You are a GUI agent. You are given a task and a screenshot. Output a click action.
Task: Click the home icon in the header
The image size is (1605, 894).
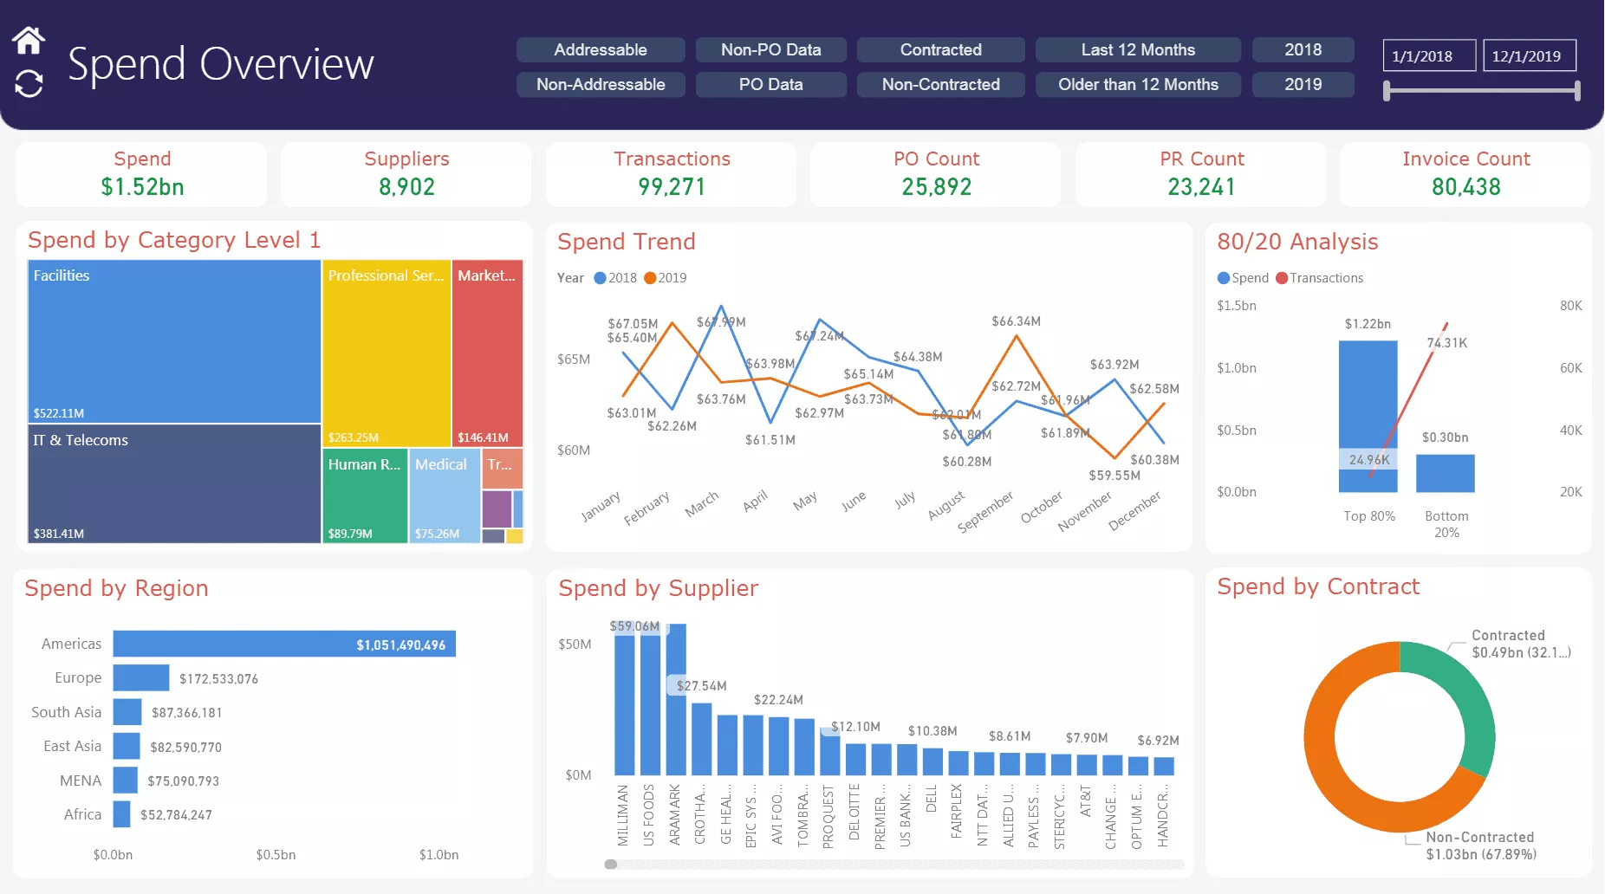(29, 40)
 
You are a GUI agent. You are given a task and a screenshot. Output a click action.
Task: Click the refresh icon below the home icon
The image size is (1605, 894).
(29, 84)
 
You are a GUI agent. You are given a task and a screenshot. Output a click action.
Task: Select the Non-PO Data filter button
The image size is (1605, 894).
(770, 49)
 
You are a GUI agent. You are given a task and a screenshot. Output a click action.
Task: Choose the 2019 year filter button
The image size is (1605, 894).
(1303, 84)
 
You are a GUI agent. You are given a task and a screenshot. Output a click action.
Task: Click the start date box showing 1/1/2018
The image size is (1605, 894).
(1429, 56)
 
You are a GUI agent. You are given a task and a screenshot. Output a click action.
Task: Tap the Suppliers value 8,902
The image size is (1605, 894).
(406, 186)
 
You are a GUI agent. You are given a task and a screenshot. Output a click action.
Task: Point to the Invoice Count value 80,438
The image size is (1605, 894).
(1465, 186)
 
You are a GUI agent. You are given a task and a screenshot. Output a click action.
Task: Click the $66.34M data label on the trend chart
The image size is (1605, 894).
(1016, 321)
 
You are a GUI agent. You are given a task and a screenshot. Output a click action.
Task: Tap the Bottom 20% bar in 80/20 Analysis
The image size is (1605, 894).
(1445, 473)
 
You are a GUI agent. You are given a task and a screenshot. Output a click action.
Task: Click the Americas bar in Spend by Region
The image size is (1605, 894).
(283, 644)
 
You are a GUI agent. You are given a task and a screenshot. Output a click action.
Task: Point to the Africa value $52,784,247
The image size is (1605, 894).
(176, 815)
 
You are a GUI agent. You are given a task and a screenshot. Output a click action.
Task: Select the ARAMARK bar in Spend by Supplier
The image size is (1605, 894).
(676, 698)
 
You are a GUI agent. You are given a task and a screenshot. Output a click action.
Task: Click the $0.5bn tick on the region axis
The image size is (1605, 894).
(276, 855)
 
